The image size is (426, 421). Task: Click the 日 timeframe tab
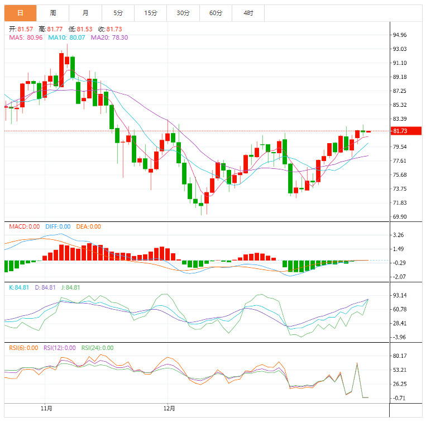tap(20, 12)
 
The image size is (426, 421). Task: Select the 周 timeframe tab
tap(52, 12)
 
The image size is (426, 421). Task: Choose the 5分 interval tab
tap(118, 12)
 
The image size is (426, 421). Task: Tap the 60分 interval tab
tap(216, 12)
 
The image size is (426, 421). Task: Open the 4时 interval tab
tap(248, 12)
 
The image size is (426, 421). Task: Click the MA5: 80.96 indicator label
tap(23, 37)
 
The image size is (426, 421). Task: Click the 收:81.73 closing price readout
tap(110, 29)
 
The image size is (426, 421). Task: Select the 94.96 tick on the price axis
tap(399, 35)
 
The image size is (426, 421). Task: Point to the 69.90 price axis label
tap(399, 217)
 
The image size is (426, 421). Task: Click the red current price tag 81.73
tap(399, 131)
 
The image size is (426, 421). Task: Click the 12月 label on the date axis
tap(169, 408)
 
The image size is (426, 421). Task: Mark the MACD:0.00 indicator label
tap(23, 226)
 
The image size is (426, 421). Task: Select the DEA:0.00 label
tap(88, 226)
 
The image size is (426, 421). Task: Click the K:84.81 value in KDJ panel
tap(19, 287)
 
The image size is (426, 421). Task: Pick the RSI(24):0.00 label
tap(97, 348)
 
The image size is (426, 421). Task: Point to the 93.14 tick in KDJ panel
tap(399, 295)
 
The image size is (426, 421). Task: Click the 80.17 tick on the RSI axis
tap(399, 356)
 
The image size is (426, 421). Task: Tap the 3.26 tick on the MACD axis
tap(399, 235)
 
